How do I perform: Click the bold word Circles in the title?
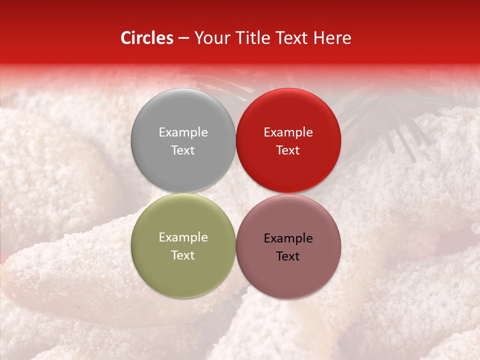(x=147, y=38)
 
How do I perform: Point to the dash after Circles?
(x=183, y=39)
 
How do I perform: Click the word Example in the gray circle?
(x=183, y=132)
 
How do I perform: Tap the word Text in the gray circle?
(x=183, y=150)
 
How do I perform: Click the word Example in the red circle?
(x=288, y=132)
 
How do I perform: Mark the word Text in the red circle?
(x=288, y=150)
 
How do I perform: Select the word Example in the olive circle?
(x=183, y=237)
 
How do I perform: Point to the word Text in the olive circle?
(x=183, y=255)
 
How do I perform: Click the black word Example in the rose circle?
(x=288, y=238)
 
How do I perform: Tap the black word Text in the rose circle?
(x=288, y=256)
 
